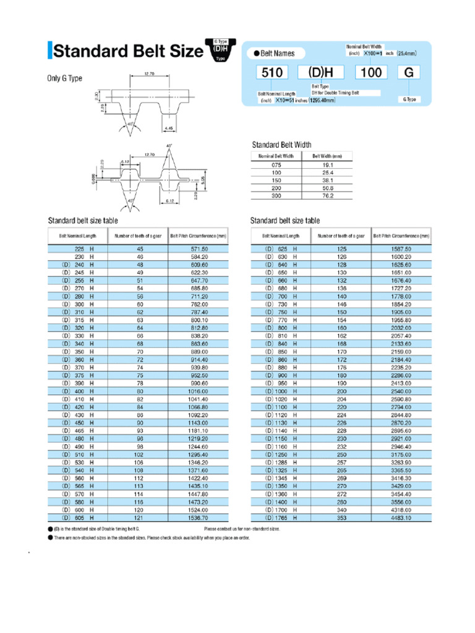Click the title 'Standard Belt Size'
pos(128,51)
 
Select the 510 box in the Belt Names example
pos(273,72)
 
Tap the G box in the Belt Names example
pos(409,72)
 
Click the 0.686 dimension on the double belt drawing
pos(93,180)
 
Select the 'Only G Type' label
pos(65,79)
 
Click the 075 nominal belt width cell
pos(276,166)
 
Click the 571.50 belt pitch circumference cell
pos(199,249)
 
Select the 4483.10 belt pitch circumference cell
pos(401,518)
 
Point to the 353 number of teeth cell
pos(341,518)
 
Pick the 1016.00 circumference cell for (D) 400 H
pos(199,391)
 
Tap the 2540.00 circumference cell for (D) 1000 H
pos(401,391)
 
